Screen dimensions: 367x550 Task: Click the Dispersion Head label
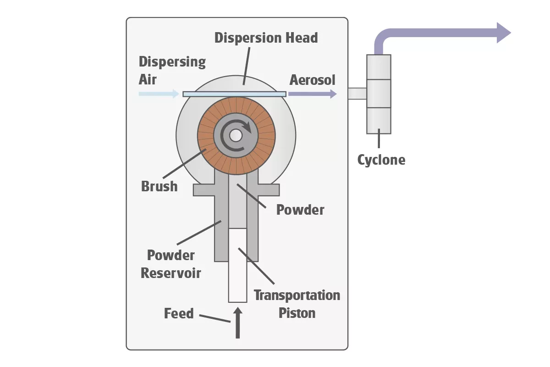point(266,38)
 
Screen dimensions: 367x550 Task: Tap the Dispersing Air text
point(172,70)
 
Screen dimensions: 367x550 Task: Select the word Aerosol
point(312,80)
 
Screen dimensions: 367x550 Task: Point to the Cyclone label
point(381,160)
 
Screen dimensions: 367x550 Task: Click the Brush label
point(159,186)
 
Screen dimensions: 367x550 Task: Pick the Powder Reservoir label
point(170,264)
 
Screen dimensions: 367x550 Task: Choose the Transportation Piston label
point(297,304)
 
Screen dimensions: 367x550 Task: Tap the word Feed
point(179,314)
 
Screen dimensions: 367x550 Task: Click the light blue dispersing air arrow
point(158,94)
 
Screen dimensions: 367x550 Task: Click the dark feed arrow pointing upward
point(237,323)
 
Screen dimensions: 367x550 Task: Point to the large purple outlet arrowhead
point(504,33)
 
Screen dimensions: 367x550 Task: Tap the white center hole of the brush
point(236,135)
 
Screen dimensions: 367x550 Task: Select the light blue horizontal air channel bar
point(234,94)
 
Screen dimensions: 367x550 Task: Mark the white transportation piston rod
point(237,266)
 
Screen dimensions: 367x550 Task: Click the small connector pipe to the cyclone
point(357,94)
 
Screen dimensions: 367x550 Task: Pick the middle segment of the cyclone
point(379,94)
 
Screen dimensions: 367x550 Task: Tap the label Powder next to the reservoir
point(300,210)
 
